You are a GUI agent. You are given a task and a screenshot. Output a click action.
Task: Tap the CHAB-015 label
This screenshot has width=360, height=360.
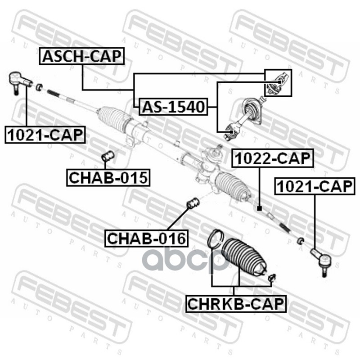click(x=108, y=177)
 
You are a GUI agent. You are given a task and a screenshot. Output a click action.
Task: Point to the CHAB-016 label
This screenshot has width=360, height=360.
click(x=146, y=238)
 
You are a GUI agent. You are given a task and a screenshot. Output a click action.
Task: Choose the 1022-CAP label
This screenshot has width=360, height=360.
click(x=271, y=158)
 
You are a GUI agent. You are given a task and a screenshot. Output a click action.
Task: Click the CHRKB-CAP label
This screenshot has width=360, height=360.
click(x=235, y=304)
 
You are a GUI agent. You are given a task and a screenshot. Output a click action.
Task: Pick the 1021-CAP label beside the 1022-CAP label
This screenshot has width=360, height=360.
click(x=314, y=186)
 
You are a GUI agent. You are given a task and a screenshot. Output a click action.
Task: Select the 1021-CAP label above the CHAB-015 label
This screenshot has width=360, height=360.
click(x=45, y=134)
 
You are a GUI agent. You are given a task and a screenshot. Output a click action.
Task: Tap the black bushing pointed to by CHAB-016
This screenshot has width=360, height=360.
click(x=193, y=203)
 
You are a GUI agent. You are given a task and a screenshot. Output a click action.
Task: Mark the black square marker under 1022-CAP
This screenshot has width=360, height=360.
click(x=259, y=208)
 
